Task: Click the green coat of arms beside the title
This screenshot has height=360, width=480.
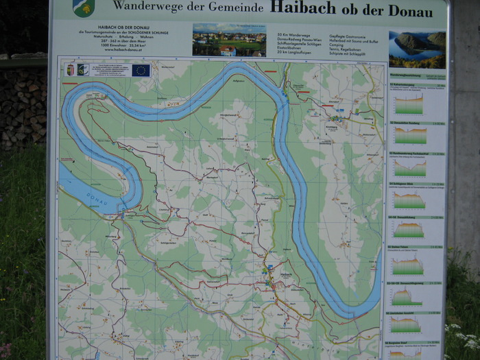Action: tap(83, 8)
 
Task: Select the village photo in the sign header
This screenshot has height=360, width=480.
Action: tap(229, 40)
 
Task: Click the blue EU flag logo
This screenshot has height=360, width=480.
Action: tap(141, 69)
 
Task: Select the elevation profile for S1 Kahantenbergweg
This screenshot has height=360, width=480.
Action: tap(409, 104)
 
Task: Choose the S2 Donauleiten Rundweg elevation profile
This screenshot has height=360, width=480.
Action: tap(410, 135)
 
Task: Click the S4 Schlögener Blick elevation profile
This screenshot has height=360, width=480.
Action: tap(409, 200)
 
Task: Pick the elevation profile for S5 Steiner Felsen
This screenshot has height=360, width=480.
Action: tap(407, 263)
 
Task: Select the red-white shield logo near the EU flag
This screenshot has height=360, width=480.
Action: tap(70, 69)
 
